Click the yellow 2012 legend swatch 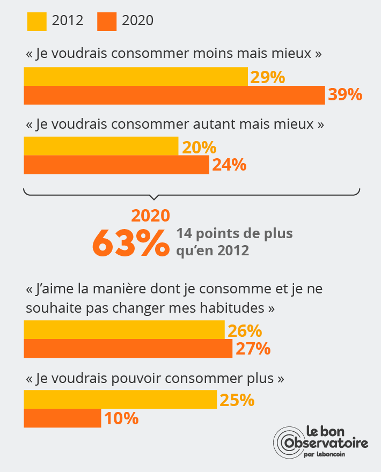tap(36, 21)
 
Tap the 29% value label tap(267, 78)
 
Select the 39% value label tap(345, 95)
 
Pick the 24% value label tap(229, 165)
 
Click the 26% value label tap(244, 331)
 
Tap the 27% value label tap(252, 349)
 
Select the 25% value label tap(237, 400)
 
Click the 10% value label tap(121, 418)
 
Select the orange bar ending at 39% tap(174, 95)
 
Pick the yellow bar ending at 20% tap(101, 146)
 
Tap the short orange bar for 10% tap(62, 418)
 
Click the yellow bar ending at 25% tap(120, 400)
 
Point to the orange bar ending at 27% tap(128, 349)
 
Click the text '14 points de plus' tap(235, 234)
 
